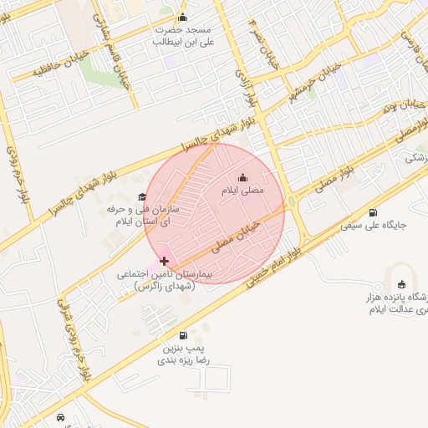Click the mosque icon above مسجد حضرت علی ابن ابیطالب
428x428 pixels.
click(183, 18)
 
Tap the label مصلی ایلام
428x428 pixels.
click(242, 191)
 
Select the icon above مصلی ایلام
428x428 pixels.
click(242, 177)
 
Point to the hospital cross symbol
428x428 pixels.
click(164, 262)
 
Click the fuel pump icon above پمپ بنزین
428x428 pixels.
click(183, 335)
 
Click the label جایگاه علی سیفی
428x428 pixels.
click(374, 225)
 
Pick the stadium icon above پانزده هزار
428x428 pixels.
click(401, 283)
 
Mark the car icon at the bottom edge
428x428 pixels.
click(60, 416)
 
